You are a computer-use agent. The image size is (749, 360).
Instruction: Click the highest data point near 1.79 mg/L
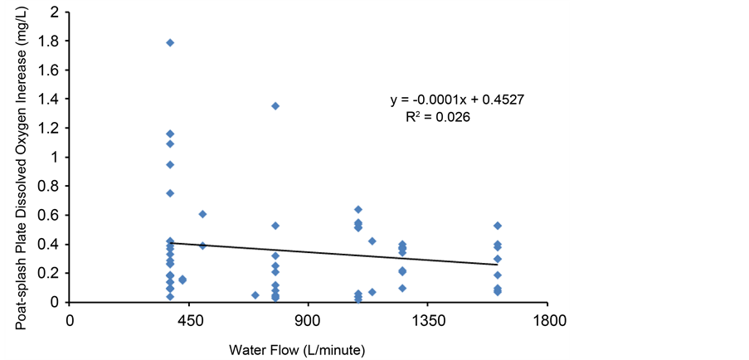point(170,42)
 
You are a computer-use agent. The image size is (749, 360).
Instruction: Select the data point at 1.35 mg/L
point(275,106)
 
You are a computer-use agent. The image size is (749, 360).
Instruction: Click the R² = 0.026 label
point(438,118)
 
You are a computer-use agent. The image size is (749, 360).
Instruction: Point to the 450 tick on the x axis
point(190,320)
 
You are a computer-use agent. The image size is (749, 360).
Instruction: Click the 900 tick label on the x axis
point(309,320)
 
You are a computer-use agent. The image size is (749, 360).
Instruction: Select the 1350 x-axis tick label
point(427,320)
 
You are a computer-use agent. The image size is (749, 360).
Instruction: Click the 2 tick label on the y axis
point(55,12)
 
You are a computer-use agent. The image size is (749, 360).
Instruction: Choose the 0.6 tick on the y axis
point(50,216)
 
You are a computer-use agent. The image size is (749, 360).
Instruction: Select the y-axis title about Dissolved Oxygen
point(17,174)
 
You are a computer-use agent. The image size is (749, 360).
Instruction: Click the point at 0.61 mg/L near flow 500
point(202,214)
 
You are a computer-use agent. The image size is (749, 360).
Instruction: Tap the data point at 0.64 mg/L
point(358,209)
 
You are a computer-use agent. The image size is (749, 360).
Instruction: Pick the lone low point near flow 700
point(255,295)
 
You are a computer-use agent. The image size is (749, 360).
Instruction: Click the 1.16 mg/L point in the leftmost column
point(170,134)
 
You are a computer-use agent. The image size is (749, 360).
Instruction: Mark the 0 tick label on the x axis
point(71,320)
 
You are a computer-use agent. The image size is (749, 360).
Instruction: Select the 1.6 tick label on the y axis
point(50,71)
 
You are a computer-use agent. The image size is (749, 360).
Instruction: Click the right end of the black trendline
point(498,265)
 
